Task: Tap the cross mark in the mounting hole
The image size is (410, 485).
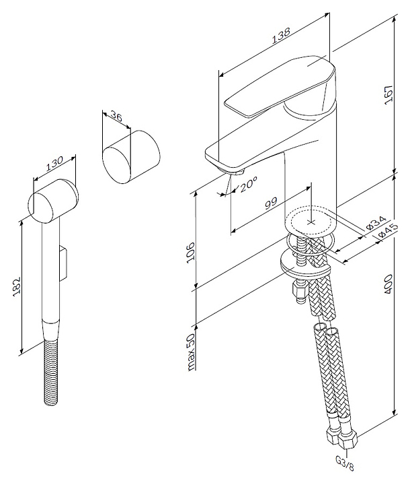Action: [x=311, y=220]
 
